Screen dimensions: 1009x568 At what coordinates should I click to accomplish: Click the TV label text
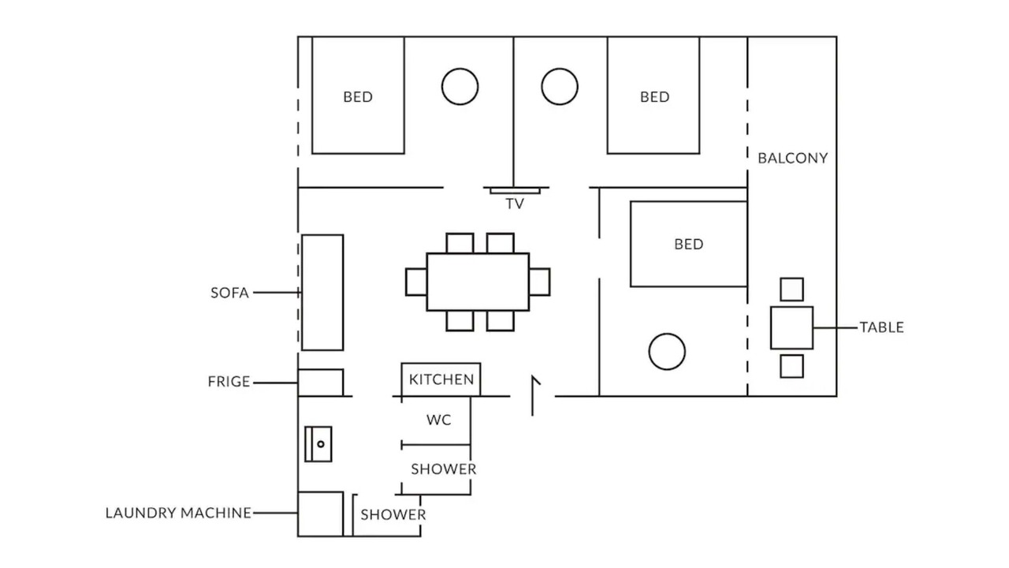pyautogui.click(x=515, y=204)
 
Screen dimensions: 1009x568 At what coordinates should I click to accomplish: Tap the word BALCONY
pyautogui.click(x=793, y=159)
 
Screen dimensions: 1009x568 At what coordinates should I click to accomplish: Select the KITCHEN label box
pyautogui.click(x=441, y=379)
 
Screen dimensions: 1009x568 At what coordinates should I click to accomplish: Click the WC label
pyautogui.click(x=439, y=420)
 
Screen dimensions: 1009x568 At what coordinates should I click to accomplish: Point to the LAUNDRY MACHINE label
pyautogui.click(x=178, y=513)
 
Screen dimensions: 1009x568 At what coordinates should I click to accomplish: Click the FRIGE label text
pyautogui.click(x=229, y=382)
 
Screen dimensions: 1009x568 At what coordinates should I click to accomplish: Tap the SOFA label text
pyautogui.click(x=229, y=293)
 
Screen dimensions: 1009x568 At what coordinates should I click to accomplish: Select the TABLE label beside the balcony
pyautogui.click(x=881, y=327)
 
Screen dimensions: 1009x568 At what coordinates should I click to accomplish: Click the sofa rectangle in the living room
pyautogui.click(x=322, y=292)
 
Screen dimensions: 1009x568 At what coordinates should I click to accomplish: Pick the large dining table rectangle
pyautogui.click(x=478, y=282)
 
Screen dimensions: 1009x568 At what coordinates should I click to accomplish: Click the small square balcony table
pyautogui.click(x=792, y=327)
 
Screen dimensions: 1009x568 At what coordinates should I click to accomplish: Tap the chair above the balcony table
pyautogui.click(x=792, y=290)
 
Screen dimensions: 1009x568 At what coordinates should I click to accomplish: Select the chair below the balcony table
pyautogui.click(x=792, y=366)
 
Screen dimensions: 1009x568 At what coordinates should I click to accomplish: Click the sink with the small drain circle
pyautogui.click(x=318, y=444)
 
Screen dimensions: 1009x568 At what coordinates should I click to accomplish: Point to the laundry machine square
pyautogui.click(x=320, y=514)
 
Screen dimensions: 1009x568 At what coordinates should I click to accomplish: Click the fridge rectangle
pyautogui.click(x=320, y=383)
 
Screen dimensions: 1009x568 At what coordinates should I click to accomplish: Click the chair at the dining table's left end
pyautogui.click(x=416, y=282)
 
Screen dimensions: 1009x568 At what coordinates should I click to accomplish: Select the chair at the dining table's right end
pyautogui.click(x=540, y=282)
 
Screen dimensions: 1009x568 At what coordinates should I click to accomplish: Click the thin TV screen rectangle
pyautogui.click(x=515, y=191)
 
